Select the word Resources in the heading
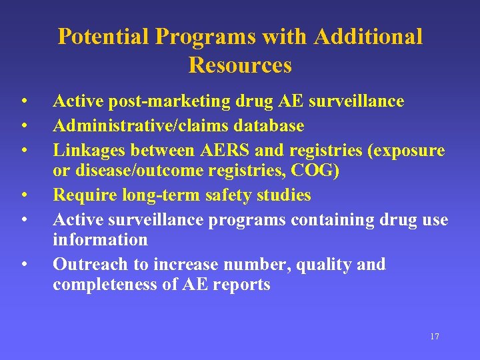tap(240, 65)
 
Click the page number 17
tap(435, 336)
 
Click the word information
tap(100, 239)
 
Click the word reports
tap(245, 285)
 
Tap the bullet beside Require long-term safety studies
tap(23, 196)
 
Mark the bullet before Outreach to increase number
tap(23, 265)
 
